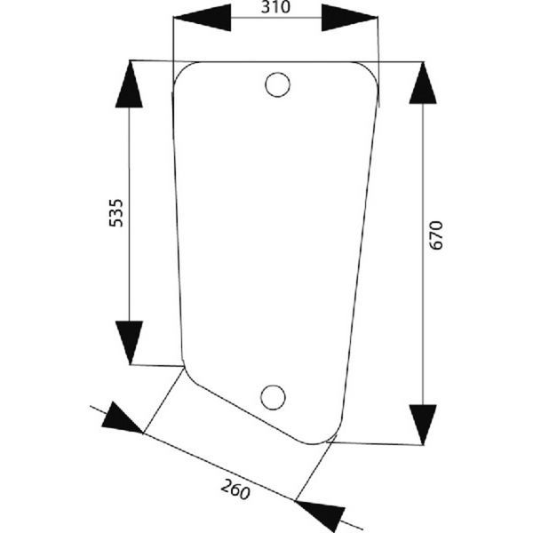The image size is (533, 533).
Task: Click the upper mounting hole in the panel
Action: (278, 84)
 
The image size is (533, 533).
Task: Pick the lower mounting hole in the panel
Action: (275, 397)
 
